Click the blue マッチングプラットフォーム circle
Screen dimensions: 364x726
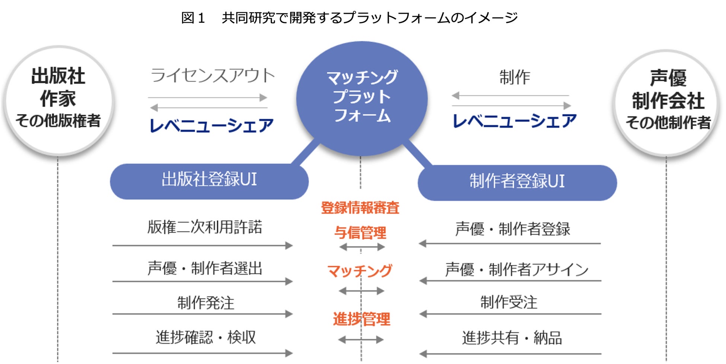coord(362,98)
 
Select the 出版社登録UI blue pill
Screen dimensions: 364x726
coord(209,180)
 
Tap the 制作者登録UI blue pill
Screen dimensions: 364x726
coord(517,181)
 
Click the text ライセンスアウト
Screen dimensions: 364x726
coord(213,76)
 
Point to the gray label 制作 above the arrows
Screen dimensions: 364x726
coord(515,77)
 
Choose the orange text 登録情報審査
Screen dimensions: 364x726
coord(360,208)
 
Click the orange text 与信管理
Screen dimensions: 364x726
coord(360,233)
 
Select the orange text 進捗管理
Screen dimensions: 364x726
coord(362,319)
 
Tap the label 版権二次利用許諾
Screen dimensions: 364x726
coord(205,227)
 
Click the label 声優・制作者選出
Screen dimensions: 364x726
coord(205,268)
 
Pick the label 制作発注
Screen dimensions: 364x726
coord(206,303)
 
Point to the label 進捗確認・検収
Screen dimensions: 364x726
coord(206,337)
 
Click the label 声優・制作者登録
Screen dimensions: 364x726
coord(513,229)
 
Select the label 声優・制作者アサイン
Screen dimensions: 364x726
coord(516,269)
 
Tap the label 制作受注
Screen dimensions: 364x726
coord(509,302)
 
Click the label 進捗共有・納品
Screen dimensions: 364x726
coord(512,338)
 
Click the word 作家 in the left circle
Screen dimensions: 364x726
coord(58,99)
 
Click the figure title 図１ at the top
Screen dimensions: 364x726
coord(193,18)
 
